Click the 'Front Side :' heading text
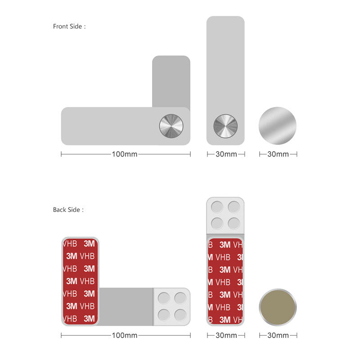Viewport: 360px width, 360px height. pyautogui.click(x=69, y=27)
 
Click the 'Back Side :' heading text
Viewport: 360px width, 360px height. pyautogui.click(x=68, y=210)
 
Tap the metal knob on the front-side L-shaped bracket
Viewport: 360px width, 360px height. pyautogui.click(x=171, y=126)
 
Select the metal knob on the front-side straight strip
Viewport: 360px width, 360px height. pyautogui.click(x=225, y=126)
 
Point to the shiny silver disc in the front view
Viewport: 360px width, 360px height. pyautogui.click(x=278, y=126)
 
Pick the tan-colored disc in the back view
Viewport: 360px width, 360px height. pyautogui.click(x=278, y=307)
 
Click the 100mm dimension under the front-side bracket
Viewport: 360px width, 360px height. pyautogui.click(x=125, y=154)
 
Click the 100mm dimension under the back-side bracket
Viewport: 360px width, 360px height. pyautogui.click(x=125, y=335)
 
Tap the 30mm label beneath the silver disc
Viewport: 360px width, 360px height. pyautogui.click(x=278, y=154)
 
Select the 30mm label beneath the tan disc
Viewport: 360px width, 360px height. pyautogui.click(x=278, y=335)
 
